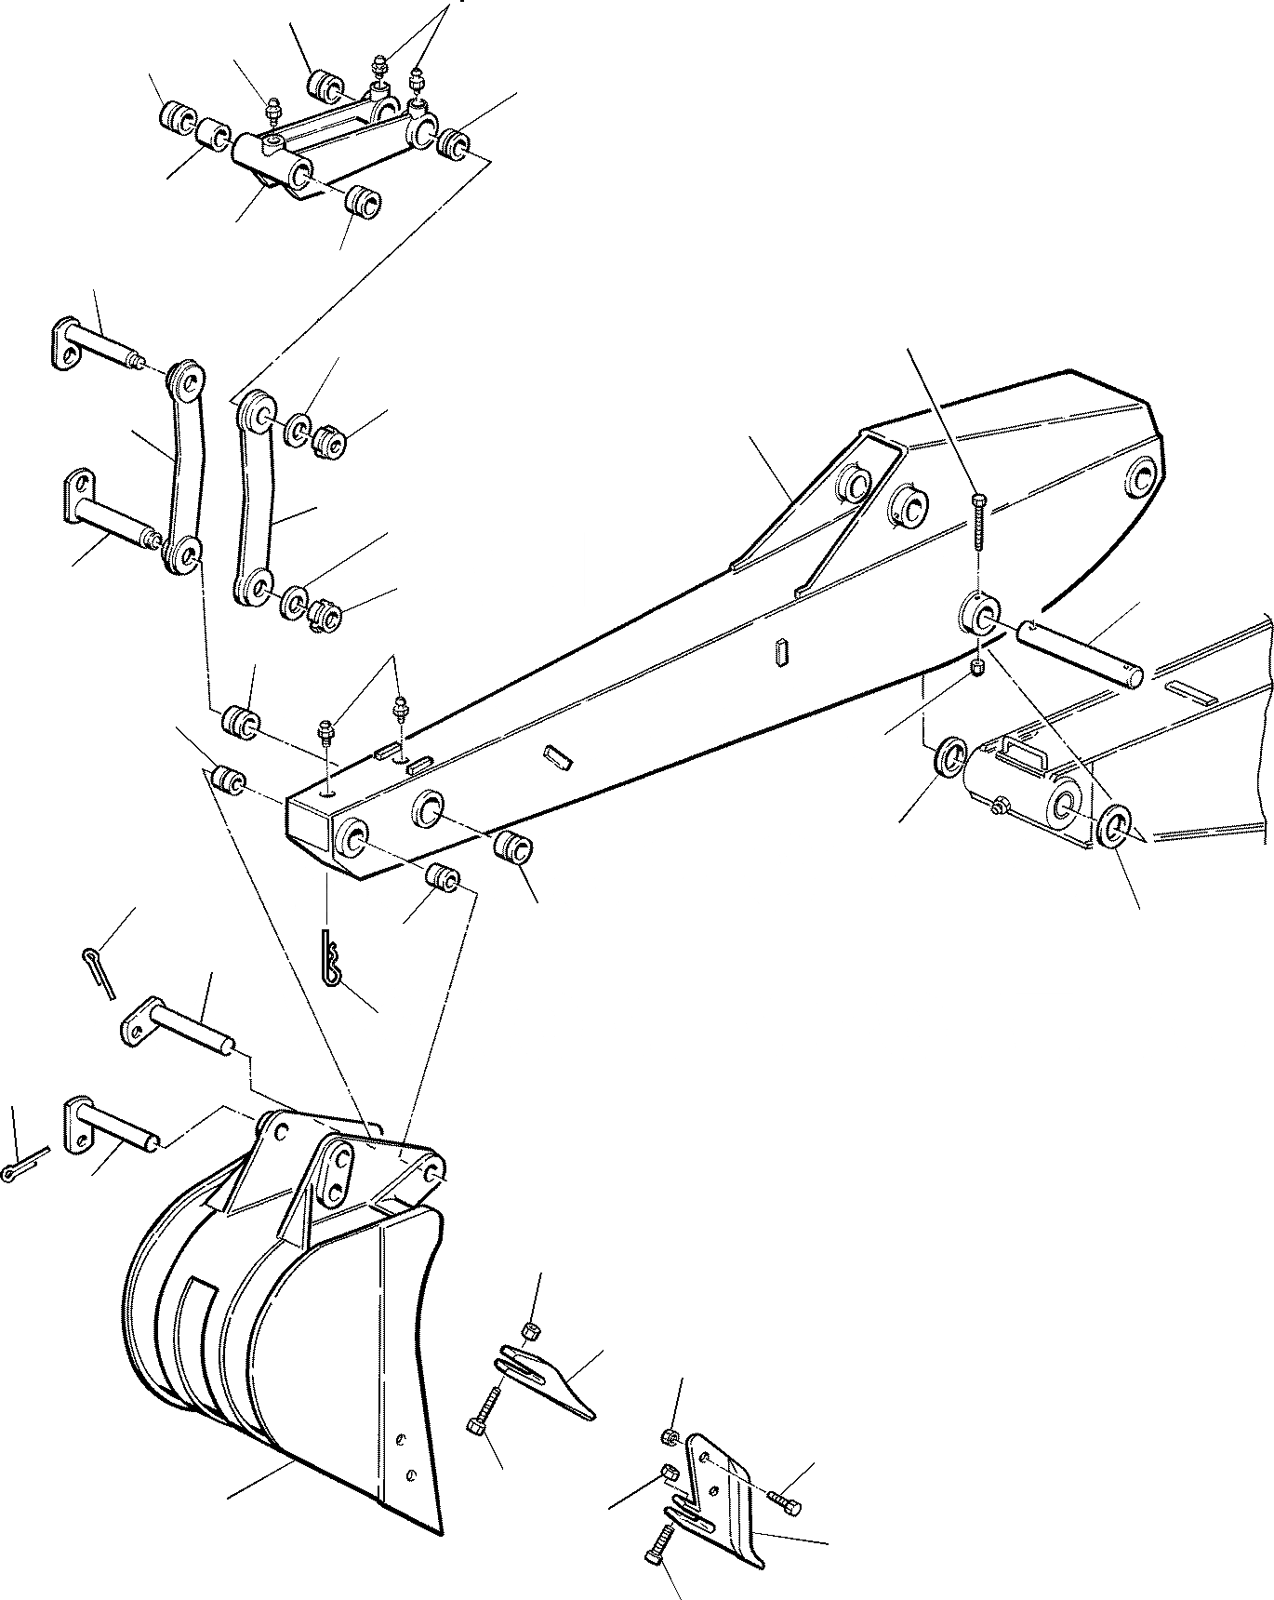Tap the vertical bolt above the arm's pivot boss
click(x=978, y=526)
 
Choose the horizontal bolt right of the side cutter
click(x=785, y=1497)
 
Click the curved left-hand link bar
click(x=181, y=465)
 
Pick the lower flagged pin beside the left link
click(x=107, y=510)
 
